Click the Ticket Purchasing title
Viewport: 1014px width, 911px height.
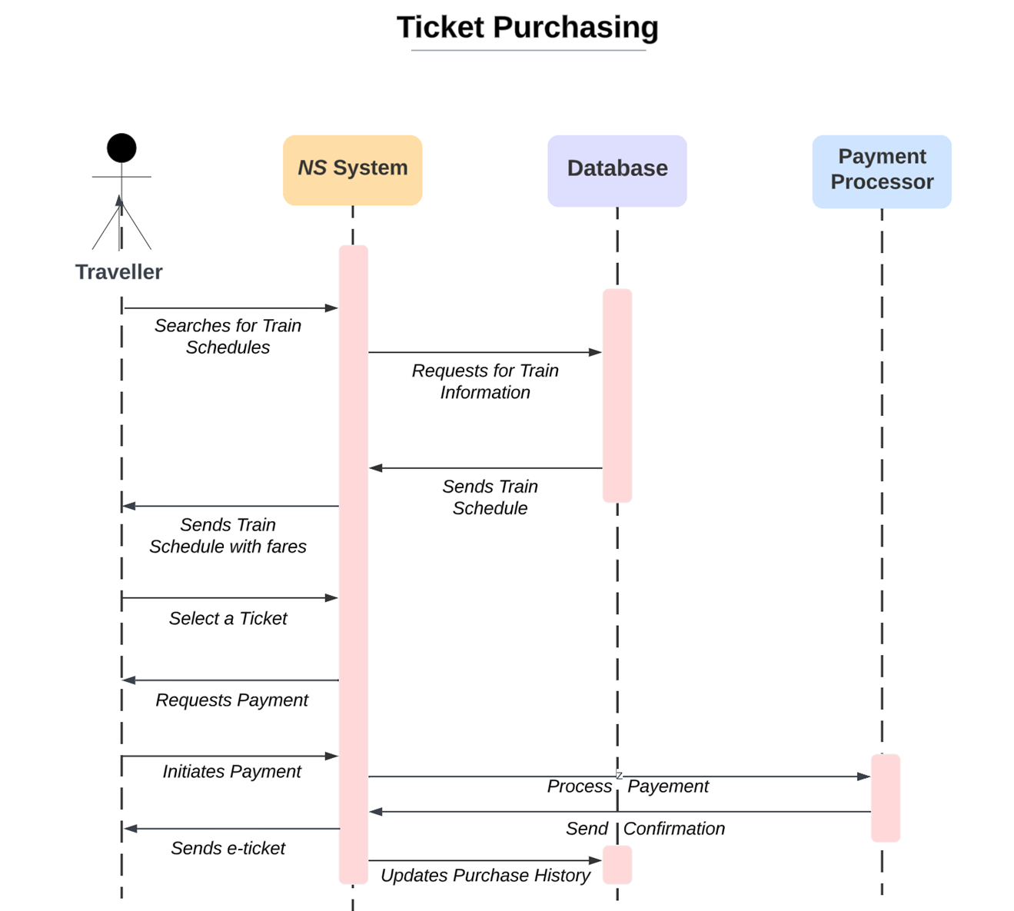[527, 28]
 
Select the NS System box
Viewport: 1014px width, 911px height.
[352, 170]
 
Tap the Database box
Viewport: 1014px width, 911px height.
[617, 170]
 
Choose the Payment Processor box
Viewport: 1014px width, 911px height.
[881, 171]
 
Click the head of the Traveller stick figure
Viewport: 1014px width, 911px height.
[121, 148]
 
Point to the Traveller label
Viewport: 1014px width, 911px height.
[118, 272]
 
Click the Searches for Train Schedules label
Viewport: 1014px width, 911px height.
[228, 337]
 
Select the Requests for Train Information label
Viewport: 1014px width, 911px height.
[485, 381]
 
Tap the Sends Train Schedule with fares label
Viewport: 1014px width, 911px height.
[228, 536]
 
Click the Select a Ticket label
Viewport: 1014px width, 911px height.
[228, 619]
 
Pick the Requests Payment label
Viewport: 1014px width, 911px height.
[231, 700]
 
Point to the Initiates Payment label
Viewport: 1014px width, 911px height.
[231, 772]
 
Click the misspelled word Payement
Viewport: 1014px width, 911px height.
[668, 786]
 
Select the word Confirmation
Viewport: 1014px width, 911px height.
[673, 829]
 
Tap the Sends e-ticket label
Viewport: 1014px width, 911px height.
[228, 849]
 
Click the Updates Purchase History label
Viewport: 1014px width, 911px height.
[485, 876]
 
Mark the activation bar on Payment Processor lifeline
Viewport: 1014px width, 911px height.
[885, 798]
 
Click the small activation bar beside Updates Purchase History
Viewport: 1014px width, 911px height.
[617, 865]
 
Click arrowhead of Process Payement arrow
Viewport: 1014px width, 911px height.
[864, 776]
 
